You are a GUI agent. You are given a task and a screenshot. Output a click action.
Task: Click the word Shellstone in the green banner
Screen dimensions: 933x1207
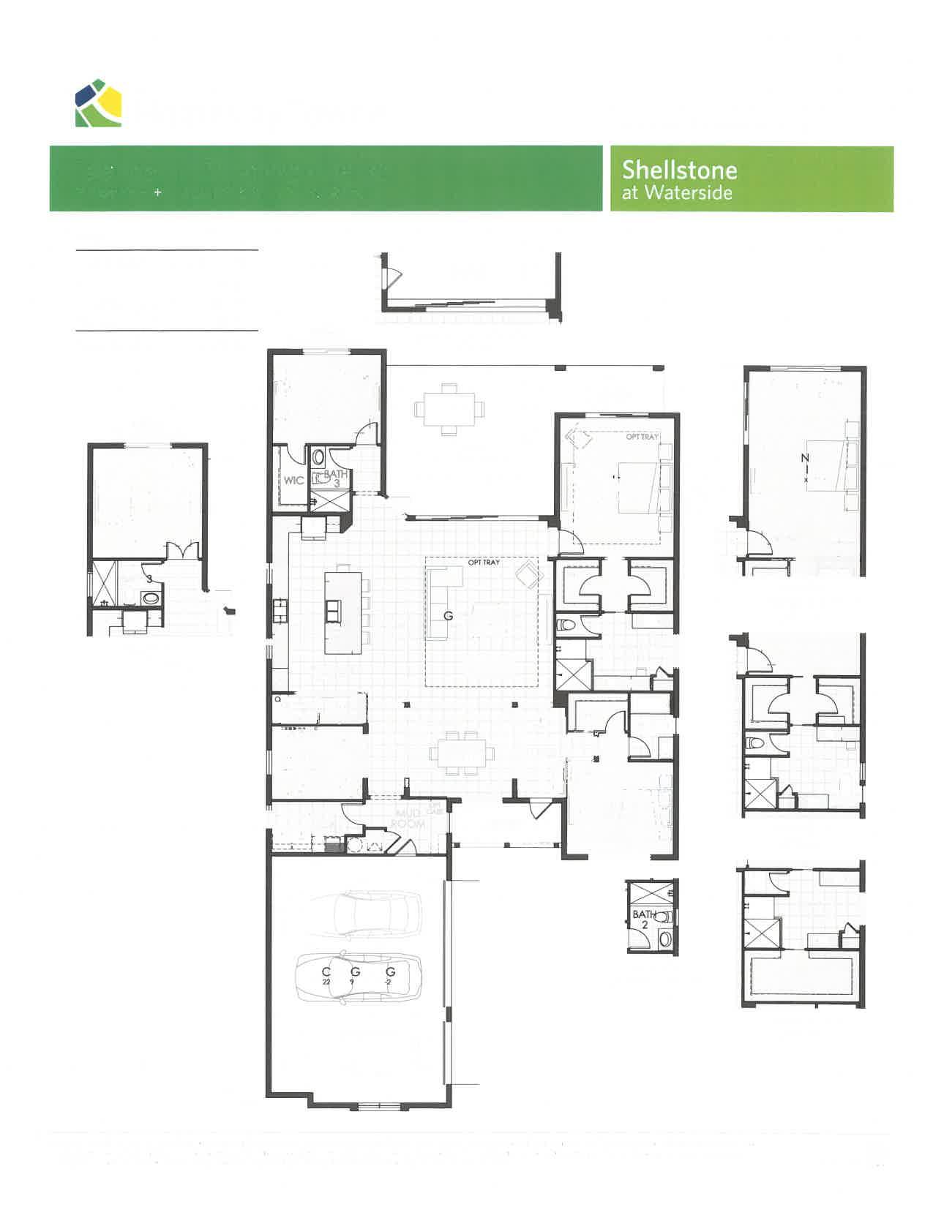pos(679,170)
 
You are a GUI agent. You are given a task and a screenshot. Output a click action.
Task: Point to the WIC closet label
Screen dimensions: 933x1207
pos(294,481)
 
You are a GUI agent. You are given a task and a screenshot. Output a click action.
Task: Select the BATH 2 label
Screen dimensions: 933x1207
pos(643,919)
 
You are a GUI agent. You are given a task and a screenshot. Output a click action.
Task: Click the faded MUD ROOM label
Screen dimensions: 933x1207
pos(407,819)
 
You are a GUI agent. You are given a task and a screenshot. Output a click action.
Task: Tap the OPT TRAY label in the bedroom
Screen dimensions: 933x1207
pos(642,437)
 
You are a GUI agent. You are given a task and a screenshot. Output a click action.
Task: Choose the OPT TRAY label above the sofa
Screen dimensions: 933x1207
pos(484,563)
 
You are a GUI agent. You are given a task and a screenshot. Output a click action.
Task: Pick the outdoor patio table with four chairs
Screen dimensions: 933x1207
pos(449,408)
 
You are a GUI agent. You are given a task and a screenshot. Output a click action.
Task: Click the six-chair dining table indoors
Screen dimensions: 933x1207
pos(461,752)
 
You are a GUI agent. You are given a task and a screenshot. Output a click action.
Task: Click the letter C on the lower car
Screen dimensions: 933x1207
pos(326,971)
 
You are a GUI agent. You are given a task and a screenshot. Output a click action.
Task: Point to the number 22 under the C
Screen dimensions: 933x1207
pos(326,982)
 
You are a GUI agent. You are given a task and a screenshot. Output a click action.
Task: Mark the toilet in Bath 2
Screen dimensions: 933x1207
pos(664,917)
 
